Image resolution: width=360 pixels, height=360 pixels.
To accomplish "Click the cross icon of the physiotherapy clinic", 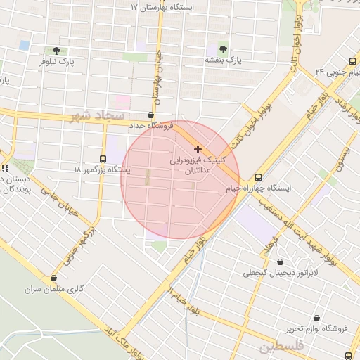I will click(x=198, y=149).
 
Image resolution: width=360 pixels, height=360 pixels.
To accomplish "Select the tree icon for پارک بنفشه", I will click(x=223, y=49).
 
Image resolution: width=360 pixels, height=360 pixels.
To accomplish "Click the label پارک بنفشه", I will click(x=223, y=61).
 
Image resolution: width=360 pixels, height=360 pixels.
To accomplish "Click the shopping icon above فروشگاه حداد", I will click(x=151, y=115).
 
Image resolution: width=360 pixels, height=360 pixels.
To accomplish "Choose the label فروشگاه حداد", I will click(x=150, y=125).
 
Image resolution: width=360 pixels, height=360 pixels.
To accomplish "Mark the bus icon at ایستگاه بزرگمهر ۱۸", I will click(x=103, y=159).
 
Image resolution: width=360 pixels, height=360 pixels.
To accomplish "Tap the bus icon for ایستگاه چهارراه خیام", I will click(x=257, y=177).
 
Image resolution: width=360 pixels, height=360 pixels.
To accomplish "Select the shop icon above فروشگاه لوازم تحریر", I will click(x=317, y=318).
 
